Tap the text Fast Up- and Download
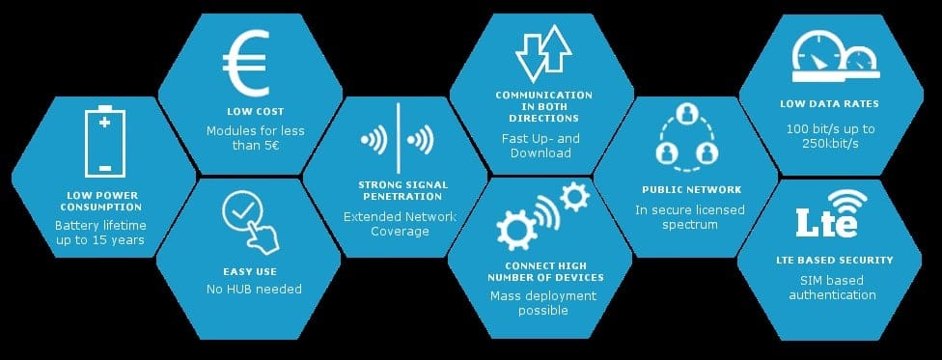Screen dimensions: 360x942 tap(540, 145)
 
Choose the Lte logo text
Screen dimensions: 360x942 tap(825, 222)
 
